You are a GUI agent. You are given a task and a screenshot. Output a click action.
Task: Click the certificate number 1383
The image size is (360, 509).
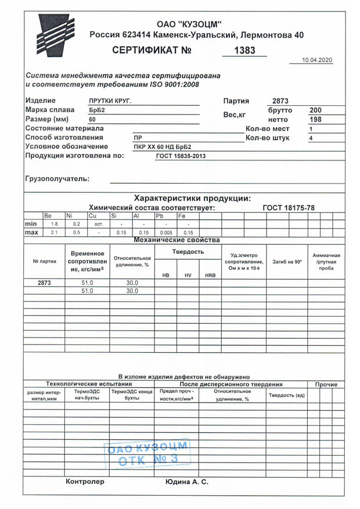coord(244,51)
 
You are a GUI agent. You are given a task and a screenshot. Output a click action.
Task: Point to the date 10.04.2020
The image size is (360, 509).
coord(318,60)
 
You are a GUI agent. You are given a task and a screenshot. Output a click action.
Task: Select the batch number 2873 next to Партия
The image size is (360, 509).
coord(280,101)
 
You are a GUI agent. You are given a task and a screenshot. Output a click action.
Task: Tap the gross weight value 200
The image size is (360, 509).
coord(315,110)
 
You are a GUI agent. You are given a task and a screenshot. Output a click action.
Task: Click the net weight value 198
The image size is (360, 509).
coord(315,119)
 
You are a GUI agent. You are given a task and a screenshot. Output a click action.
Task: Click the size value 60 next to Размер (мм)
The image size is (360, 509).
coord(92,119)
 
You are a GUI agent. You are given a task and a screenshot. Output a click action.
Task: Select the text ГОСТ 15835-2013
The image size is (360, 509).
coord(181,156)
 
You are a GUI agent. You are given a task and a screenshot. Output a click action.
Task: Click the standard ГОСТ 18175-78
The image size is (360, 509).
coord(289,207)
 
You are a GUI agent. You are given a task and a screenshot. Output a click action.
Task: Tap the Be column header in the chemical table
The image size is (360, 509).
coord(48,216)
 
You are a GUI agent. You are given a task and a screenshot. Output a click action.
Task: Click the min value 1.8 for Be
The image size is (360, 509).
coord(55,224)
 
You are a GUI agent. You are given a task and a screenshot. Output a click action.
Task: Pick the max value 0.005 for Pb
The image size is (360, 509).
coord(165,232)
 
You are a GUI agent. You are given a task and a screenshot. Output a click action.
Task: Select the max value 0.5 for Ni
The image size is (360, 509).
coord(77,232)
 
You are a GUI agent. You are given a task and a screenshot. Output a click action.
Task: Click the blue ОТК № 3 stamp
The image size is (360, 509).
coord(147,454)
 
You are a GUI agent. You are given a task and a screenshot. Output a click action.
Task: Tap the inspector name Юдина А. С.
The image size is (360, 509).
coord(187,482)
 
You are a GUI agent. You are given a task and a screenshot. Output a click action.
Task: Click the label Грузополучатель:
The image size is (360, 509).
coord(57,178)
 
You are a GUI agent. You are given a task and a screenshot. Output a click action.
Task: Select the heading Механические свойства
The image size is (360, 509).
coord(177,240)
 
